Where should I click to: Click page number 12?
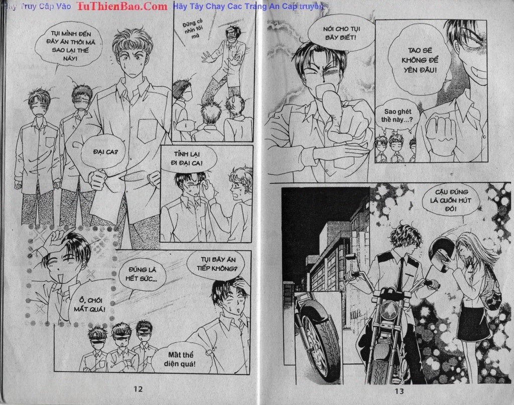pyautogui.click(x=138, y=389)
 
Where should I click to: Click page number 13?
pyautogui.click(x=399, y=390)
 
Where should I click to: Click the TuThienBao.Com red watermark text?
pyautogui.click(x=122, y=6)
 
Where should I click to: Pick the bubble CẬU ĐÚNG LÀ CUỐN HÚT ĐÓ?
pyautogui.click(x=451, y=200)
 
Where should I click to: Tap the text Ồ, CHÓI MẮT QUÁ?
pyautogui.click(x=89, y=304)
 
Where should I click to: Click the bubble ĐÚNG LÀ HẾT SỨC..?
pyautogui.click(x=142, y=274)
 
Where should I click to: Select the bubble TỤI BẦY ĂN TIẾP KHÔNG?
pyautogui.click(x=216, y=264)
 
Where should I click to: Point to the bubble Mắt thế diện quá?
pyautogui.click(x=181, y=359)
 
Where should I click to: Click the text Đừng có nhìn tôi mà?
pyautogui.click(x=193, y=29)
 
